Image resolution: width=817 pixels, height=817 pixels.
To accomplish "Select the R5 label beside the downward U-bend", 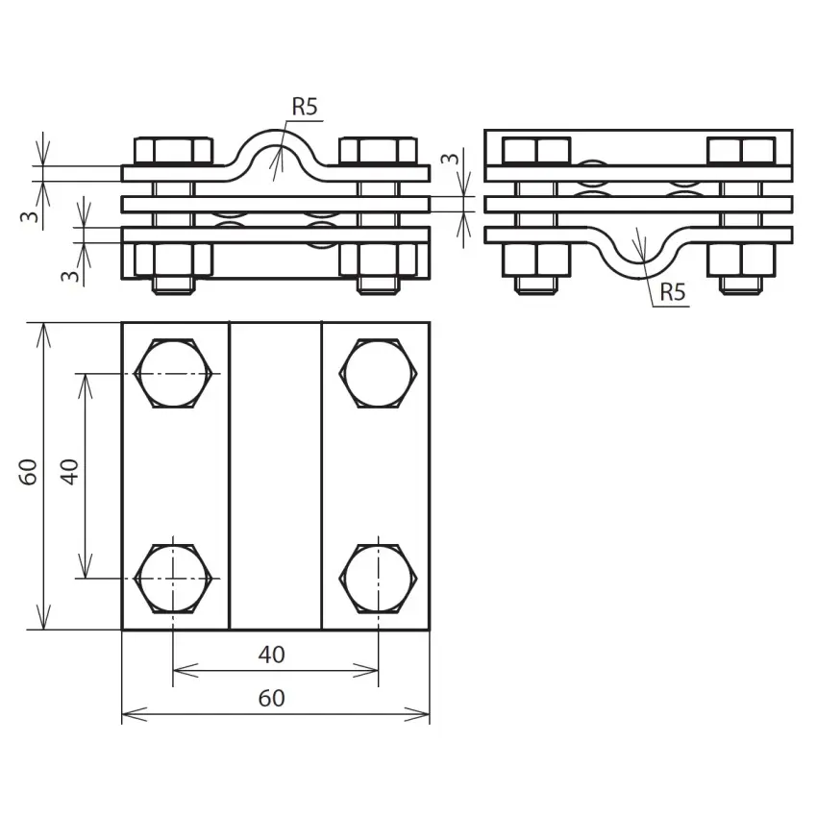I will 672,292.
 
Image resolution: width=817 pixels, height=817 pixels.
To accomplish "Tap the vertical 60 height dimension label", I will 29,471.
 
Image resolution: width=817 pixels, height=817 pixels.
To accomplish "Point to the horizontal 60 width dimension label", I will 272,699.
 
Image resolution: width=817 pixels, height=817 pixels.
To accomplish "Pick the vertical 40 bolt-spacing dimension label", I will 69,471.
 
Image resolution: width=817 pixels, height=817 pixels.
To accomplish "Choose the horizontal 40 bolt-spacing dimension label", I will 272,655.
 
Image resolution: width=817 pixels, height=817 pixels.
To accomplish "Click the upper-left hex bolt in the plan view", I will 173,373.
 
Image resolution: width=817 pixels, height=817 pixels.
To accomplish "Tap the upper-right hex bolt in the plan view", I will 378,373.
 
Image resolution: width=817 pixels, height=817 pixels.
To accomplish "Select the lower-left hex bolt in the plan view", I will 173,578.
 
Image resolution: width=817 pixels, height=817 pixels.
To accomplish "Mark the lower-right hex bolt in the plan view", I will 378,578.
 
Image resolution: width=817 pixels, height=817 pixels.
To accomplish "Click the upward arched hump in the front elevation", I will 275,144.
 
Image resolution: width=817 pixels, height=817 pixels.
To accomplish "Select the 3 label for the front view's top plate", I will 31,216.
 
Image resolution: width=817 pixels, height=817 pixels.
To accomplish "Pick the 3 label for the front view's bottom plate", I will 68,275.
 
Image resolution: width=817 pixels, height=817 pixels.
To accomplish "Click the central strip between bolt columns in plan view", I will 275,476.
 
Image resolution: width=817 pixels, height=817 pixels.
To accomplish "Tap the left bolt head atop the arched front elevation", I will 173,151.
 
